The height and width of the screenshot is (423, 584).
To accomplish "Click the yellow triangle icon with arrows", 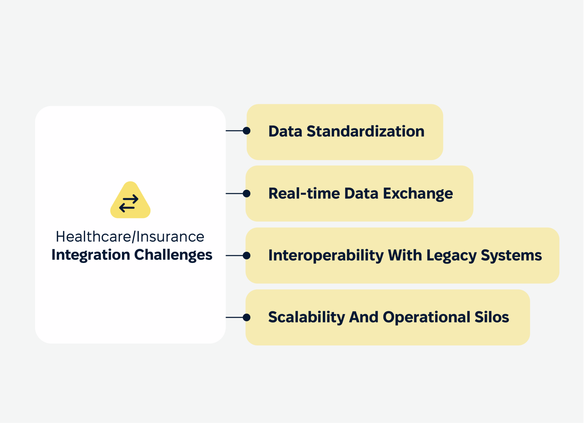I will pos(130,201).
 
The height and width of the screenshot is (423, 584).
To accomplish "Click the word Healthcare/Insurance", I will pos(130,237).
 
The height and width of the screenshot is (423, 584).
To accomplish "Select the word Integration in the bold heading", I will pos(91,255).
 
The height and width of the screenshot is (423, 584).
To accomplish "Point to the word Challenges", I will pos(173,255).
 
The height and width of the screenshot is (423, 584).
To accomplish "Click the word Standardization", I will pos(365,131).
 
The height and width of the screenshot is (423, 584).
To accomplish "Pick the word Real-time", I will pos(304,194).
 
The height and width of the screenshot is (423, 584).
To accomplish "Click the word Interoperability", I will pos(326,255).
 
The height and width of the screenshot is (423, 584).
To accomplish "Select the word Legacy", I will pos(451,256).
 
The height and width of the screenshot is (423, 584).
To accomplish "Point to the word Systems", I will pos(511,255).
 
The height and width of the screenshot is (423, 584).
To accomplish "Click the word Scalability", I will pos(307,317).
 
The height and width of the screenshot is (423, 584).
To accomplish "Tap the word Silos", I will pos(492,317).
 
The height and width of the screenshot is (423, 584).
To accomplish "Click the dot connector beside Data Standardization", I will pos(247,131).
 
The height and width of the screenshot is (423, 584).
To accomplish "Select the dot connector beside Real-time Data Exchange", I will pos(247,194).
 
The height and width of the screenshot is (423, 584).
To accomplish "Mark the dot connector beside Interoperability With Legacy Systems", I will pos(247,256).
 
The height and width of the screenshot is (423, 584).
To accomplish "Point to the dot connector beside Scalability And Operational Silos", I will pos(247,317).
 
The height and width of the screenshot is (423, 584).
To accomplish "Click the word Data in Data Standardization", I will pos(285,131).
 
